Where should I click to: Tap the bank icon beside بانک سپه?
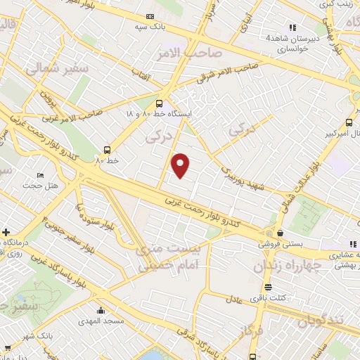click(x=150, y=16)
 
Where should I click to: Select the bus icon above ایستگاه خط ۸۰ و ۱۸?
click(x=158, y=103)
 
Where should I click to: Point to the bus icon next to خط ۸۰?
click(x=107, y=149)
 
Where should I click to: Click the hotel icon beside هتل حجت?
click(x=40, y=175)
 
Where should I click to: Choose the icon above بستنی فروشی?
click(x=281, y=233)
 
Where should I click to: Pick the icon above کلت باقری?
click(x=267, y=286)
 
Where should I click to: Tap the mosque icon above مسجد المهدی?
click(x=102, y=310)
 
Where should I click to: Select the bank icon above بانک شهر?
click(x=8, y=345)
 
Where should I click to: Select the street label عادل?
click(x=235, y=298)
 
